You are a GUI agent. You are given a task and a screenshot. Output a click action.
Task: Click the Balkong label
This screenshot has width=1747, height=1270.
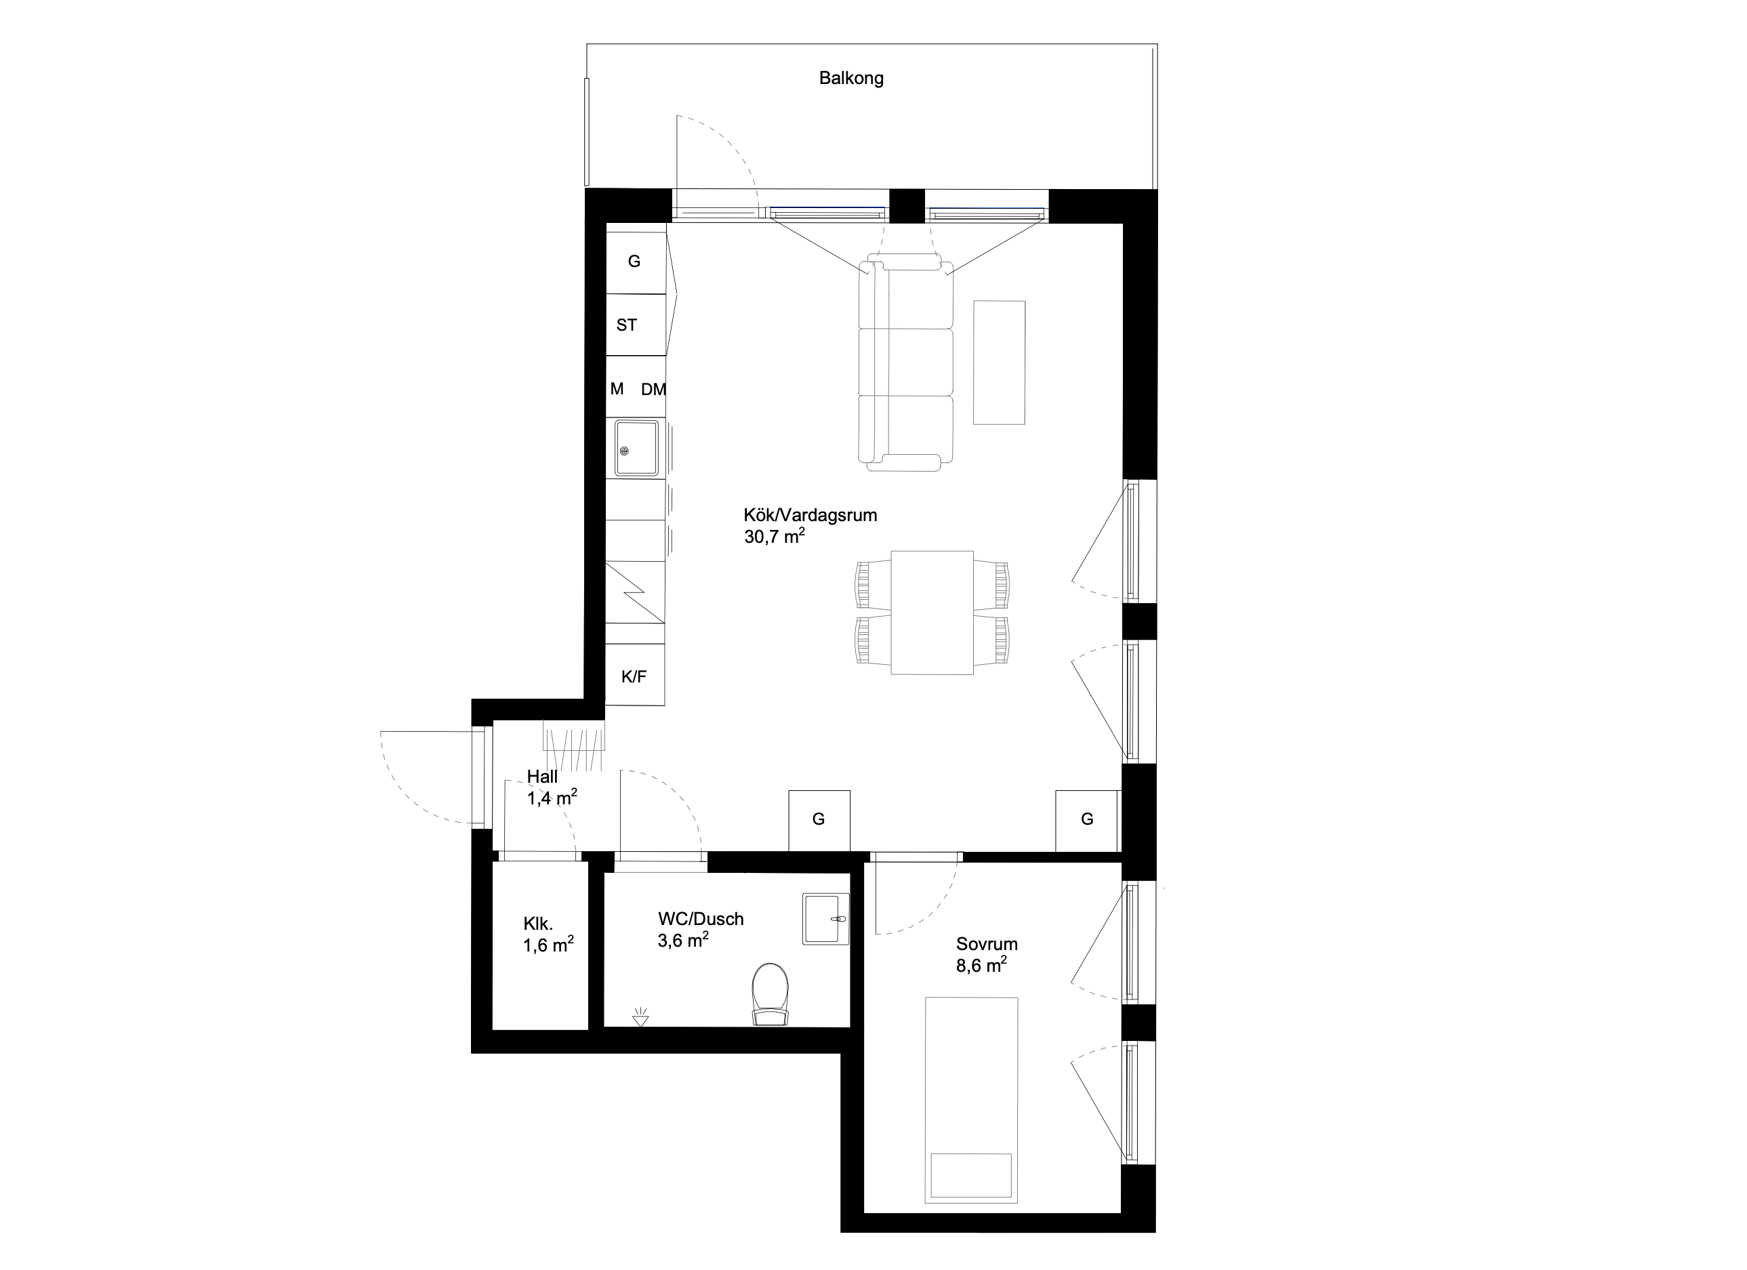851,79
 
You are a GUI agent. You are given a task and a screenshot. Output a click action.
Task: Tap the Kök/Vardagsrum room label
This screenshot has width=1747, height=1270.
810,515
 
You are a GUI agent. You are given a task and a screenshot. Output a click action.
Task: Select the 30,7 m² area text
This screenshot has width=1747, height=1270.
774,536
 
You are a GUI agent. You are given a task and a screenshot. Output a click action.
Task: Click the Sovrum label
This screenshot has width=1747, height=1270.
987,943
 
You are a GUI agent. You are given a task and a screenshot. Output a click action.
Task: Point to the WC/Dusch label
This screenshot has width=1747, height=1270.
701,919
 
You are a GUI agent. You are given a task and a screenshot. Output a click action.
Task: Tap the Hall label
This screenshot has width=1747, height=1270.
542,777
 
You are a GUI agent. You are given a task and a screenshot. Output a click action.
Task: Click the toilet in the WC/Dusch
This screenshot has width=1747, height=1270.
770,994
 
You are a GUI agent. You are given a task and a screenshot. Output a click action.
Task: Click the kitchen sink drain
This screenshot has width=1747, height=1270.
624,451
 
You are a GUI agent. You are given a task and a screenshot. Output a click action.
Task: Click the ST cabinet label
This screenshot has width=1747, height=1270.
626,325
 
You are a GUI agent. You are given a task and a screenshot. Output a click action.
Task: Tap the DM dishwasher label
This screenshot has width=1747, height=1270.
653,390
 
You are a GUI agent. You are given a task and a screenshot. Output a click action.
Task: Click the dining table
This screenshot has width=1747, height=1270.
932,612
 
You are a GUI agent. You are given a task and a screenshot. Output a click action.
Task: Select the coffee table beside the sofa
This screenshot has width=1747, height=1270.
999,363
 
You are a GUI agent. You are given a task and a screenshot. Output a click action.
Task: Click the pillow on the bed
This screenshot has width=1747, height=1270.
970,1175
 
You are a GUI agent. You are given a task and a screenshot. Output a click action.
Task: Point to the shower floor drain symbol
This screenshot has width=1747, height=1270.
640,1017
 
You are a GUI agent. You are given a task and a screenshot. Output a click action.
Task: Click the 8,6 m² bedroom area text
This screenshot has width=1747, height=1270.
981,965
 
